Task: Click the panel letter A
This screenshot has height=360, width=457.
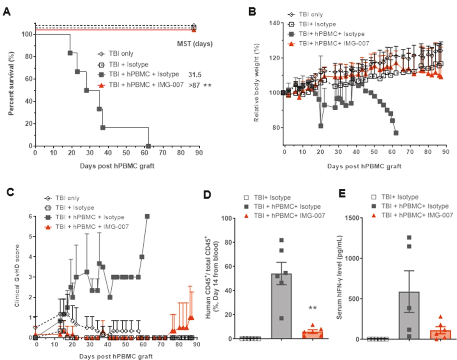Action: (x=7, y=12)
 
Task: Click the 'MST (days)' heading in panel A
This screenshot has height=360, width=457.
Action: (x=195, y=44)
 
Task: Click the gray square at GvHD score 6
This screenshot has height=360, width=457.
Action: (x=147, y=216)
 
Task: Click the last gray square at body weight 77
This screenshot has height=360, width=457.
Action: (x=396, y=133)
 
